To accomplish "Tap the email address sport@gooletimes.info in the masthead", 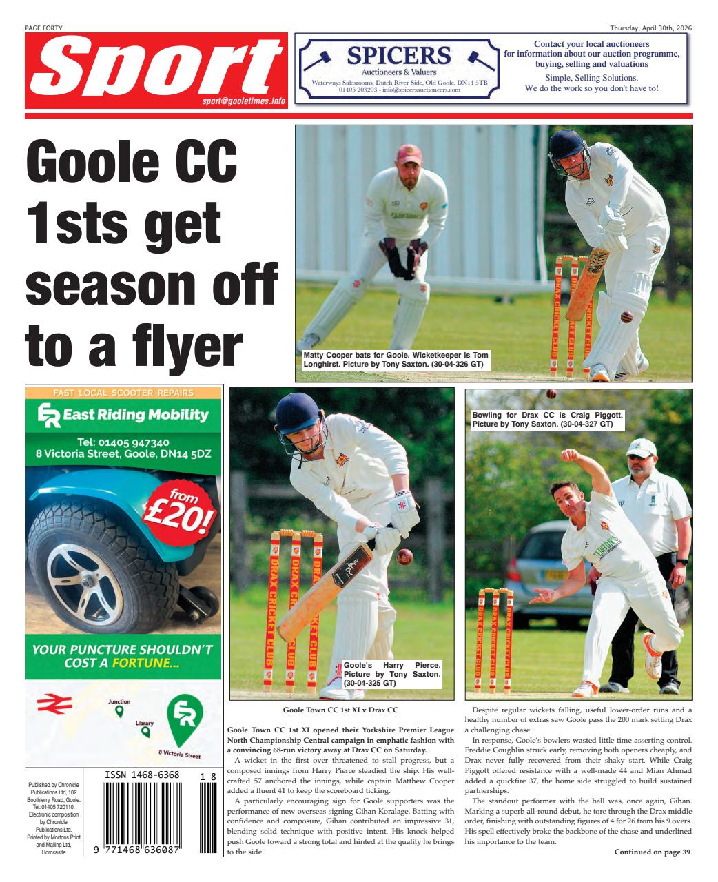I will tap(244, 101).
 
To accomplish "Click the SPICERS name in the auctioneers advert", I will tap(399, 55).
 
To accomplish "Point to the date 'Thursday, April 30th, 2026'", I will tap(650, 28).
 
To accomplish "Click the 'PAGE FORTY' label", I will tap(43, 28).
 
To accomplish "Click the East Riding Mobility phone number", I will tap(123, 442).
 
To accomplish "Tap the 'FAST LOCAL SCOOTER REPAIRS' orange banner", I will tap(123, 393).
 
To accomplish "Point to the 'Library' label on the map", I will tap(144, 724).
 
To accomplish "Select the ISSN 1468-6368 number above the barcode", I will tap(142, 775).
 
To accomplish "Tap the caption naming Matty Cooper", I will tap(396, 359).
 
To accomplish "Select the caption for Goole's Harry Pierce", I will tap(392, 674).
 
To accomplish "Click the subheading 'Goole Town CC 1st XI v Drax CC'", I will tap(340, 710).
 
